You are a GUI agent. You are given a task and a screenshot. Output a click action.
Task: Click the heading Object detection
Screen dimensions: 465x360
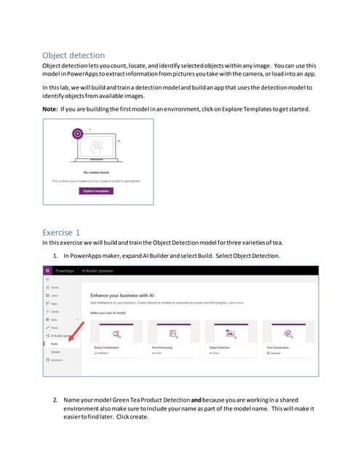coord(73,55)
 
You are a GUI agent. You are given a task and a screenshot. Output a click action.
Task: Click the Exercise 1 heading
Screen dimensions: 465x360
coord(67,232)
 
